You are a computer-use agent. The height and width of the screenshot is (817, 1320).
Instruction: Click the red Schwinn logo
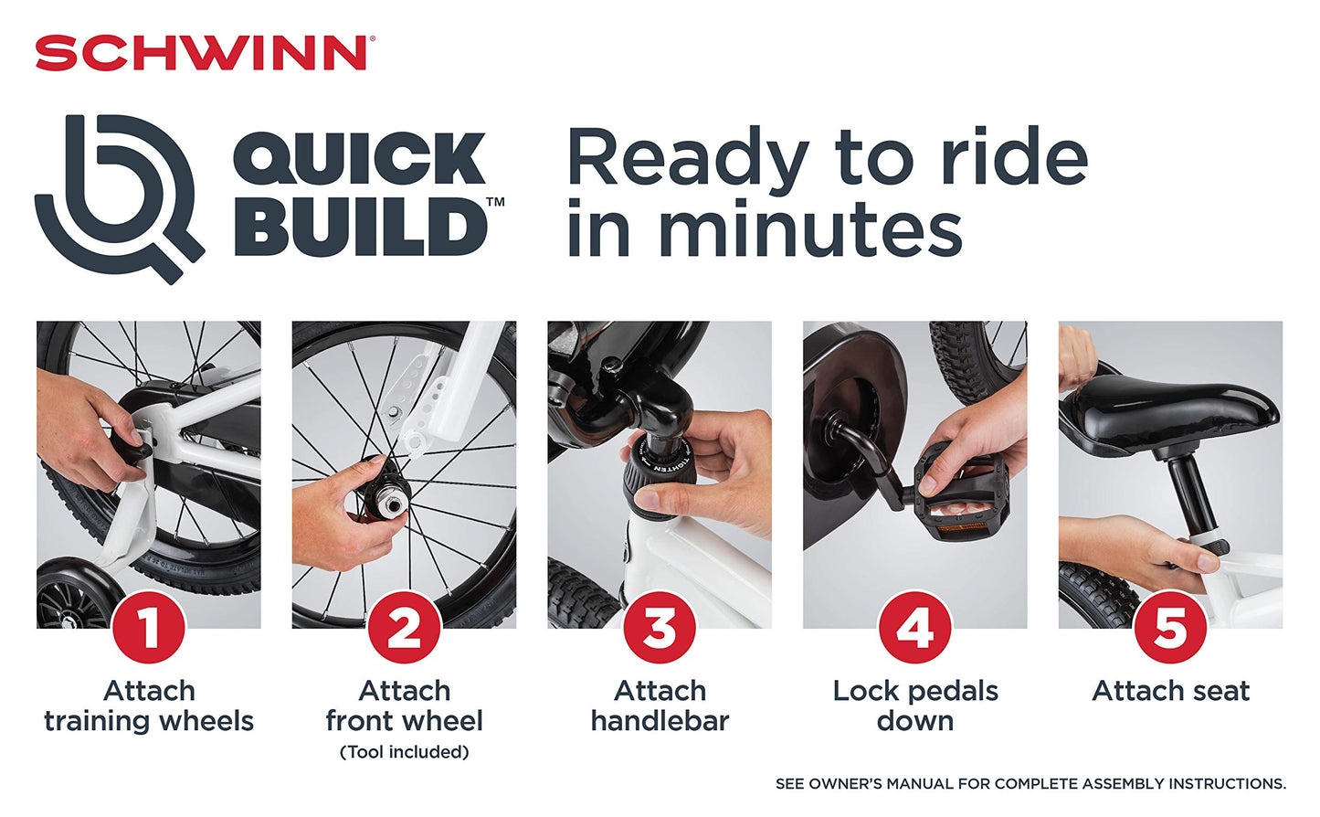[x=205, y=52]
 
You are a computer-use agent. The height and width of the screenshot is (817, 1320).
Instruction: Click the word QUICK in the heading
[x=359, y=158]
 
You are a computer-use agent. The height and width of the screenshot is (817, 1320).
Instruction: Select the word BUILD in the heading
[x=361, y=228]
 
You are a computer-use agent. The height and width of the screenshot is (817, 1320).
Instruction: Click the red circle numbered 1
[x=149, y=628]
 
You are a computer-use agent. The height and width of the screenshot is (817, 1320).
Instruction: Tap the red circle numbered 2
[x=405, y=628]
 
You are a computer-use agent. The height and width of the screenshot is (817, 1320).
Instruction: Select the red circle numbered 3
[x=660, y=628]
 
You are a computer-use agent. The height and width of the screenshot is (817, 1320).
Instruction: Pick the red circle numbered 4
[x=915, y=628]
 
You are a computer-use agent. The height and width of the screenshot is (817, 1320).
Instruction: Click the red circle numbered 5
[x=1170, y=628]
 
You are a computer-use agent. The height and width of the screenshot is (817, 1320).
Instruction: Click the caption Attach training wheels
[x=149, y=706]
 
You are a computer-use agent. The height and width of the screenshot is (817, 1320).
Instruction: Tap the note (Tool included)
[x=405, y=752]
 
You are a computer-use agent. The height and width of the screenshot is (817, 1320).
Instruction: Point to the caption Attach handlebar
[x=660, y=706]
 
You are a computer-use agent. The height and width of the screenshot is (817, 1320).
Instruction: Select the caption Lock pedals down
[x=915, y=706]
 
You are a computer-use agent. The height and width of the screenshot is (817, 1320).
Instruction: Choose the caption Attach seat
[x=1170, y=691]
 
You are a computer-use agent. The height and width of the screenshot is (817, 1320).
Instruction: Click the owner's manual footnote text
[x=1030, y=784]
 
